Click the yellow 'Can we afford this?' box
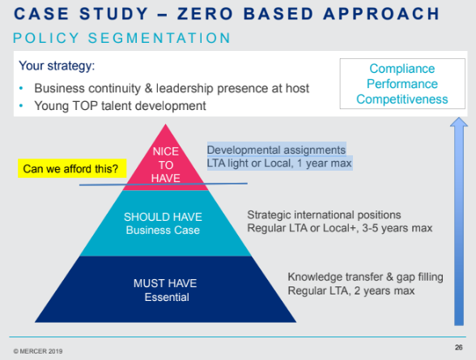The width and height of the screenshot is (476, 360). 69,169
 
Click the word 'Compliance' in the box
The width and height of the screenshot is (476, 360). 402,70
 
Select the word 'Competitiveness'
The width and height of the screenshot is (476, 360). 402,99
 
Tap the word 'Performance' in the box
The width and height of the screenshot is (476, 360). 402,84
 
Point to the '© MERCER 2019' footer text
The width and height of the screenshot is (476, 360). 39,350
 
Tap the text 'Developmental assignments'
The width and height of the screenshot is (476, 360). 276,150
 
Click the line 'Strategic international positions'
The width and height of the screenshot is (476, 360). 324,214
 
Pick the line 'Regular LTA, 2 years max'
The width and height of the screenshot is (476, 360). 351,290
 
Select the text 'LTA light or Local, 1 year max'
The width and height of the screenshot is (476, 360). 279,163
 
